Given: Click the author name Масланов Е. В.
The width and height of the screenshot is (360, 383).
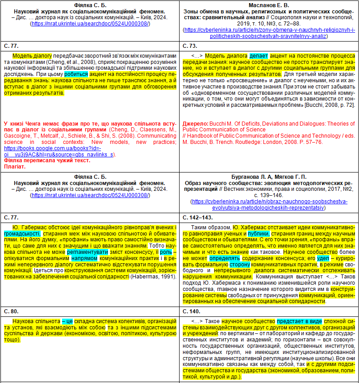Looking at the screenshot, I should pos(269,4).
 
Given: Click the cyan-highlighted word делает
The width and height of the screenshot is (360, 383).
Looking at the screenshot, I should pos(259,55).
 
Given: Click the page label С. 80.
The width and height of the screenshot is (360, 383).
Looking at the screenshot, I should pos(12,311).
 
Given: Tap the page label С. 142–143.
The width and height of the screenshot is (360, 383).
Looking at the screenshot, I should pos(199,218).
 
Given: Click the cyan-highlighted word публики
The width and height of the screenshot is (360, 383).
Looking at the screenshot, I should pos(260,234).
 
